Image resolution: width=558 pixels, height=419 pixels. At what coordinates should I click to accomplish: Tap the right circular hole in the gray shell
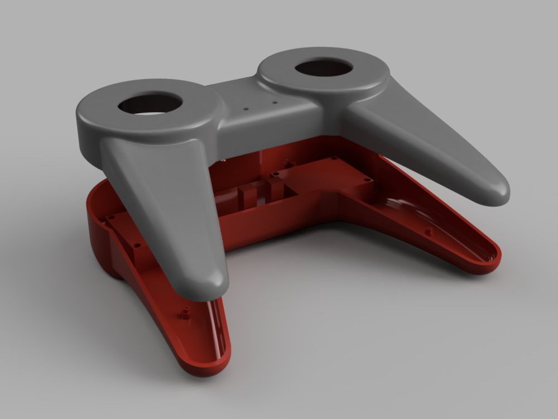(323, 68)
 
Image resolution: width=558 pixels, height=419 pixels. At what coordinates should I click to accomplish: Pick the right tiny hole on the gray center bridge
(274, 103)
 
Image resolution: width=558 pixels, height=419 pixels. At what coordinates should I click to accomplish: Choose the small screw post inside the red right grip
(429, 230)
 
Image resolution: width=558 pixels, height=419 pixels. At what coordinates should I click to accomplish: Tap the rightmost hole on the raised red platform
(367, 180)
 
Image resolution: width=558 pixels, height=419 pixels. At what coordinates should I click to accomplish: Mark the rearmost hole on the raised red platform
(335, 159)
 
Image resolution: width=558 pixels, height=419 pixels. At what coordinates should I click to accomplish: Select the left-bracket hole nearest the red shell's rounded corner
(112, 217)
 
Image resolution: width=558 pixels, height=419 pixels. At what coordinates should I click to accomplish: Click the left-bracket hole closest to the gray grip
(137, 244)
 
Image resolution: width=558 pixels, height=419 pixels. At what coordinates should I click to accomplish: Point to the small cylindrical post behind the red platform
(290, 163)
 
